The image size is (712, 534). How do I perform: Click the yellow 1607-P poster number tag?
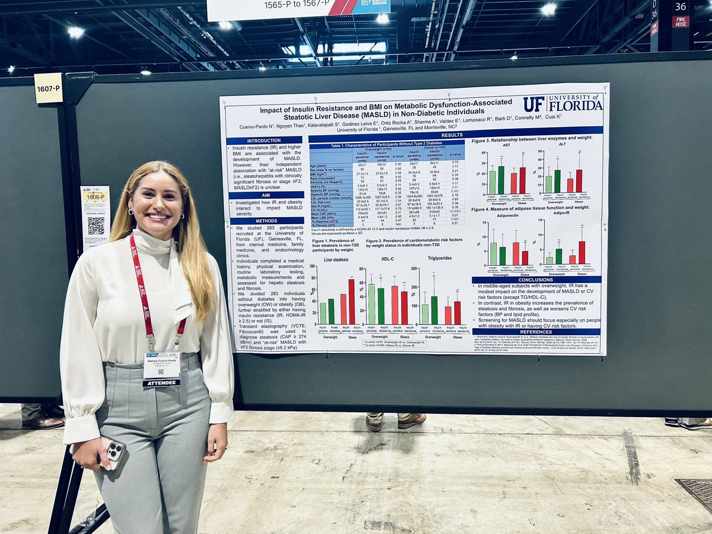tap(48, 88)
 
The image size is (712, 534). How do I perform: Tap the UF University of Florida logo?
tap(562, 104)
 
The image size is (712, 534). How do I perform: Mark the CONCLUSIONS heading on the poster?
tap(535, 279)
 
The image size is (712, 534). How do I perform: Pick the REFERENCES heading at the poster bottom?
tap(535, 332)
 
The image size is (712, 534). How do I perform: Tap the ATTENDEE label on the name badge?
tap(161, 383)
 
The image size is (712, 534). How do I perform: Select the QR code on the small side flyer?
tap(96, 225)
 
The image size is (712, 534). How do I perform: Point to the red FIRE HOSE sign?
tap(681, 21)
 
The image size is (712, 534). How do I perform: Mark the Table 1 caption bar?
tap(386, 145)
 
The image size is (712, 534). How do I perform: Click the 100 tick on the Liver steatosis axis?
tap(313, 268)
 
